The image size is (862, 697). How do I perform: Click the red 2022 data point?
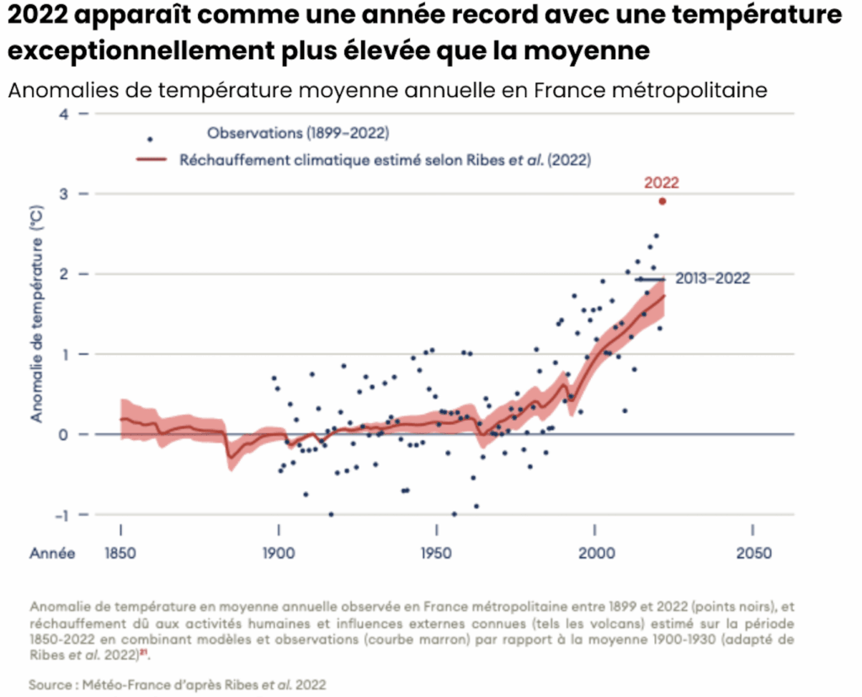coord(662,201)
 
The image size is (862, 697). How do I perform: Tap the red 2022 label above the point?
coord(662,181)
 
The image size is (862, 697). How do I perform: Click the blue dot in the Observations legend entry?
coord(150,139)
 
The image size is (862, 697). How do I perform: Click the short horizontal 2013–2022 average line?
coord(650,279)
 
